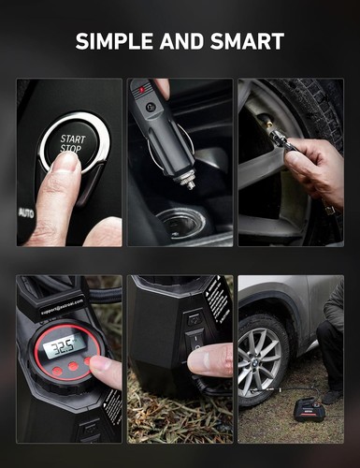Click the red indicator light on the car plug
143,92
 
